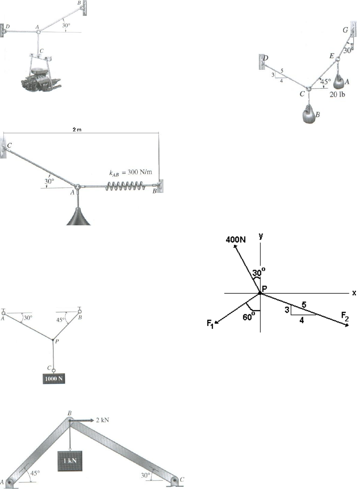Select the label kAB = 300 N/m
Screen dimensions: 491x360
pyautogui.click(x=130, y=172)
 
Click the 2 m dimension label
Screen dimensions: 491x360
pyautogui.click(x=77, y=130)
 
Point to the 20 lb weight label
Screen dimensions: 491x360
pyautogui.click(x=337, y=94)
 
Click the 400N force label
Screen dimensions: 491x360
pyautogui.click(x=236, y=239)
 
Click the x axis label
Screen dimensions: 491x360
pyautogui.click(x=354, y=293)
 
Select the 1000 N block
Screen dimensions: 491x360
pyautogui.click(x=54, y=378)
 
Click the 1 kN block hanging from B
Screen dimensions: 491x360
pyautogui.click(x=70, y=460)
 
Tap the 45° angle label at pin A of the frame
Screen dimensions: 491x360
pyautogui.click(x=36, y=473)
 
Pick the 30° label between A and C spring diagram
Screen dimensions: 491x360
pyautogui.click(x=49, y=181)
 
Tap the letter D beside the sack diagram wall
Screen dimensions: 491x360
pyautogui.click(x=266, y=58)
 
